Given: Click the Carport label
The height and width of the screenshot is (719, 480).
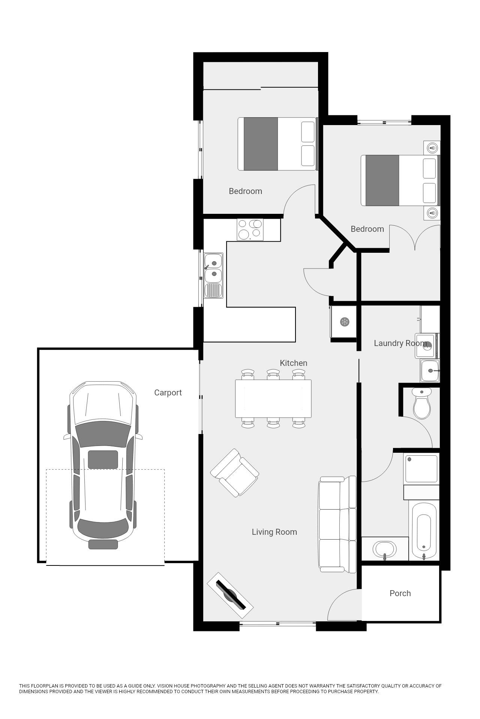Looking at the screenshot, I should coord(168,392).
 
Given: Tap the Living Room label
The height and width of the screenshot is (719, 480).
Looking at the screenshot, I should coord(274,532).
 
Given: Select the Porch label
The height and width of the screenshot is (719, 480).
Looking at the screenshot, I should coord(400,593).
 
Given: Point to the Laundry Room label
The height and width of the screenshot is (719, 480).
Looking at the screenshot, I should coord(400,343).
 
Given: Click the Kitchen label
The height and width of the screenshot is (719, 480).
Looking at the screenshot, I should coord(293,363).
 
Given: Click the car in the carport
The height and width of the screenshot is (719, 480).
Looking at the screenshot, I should coord(103,464).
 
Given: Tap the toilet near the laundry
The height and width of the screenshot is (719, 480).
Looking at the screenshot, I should coord(422,404).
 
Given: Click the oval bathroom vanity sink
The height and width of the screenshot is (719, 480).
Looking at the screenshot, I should coord(384,549).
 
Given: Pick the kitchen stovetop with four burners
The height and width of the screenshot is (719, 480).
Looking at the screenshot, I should coord(250,229).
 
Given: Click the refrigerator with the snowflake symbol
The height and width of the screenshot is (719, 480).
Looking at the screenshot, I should coord(344,322).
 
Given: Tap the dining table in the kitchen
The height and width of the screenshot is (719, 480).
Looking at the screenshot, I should coord(273,398).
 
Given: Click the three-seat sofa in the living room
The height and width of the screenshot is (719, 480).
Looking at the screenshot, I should coord(337,524).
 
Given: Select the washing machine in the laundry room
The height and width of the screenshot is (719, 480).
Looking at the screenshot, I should coord(427,345).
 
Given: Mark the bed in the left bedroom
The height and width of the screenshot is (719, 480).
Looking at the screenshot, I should coord(277,144).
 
